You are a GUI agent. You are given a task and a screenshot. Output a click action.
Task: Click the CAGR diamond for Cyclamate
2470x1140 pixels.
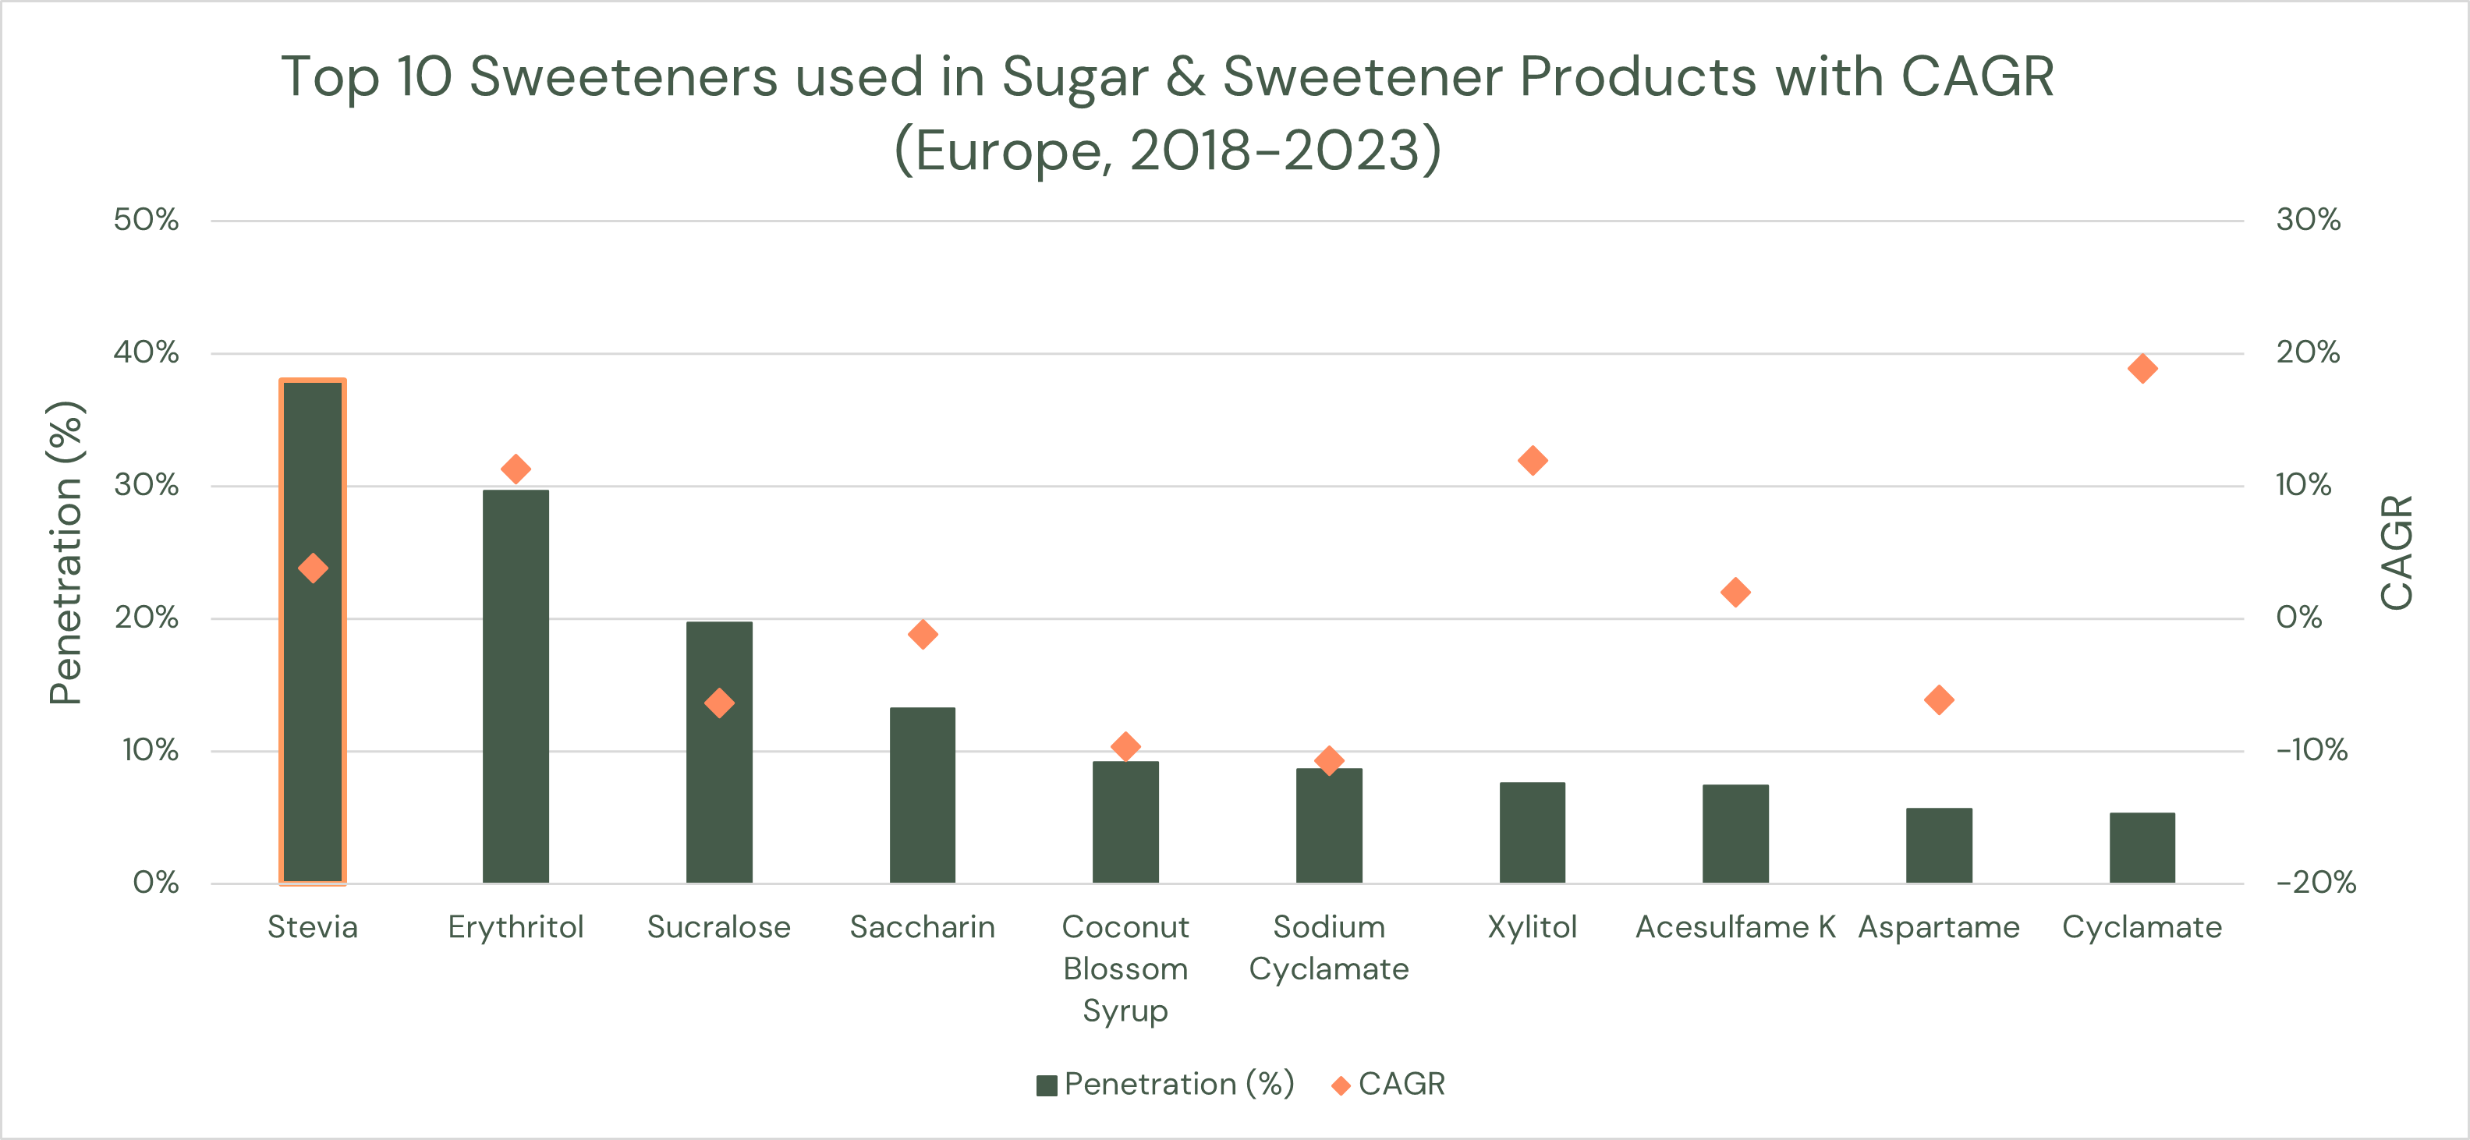(2142, 368)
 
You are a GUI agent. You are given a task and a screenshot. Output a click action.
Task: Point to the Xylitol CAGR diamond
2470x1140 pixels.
(1533, 460)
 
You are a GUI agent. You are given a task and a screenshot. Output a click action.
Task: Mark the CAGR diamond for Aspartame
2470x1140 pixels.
(1939, 700)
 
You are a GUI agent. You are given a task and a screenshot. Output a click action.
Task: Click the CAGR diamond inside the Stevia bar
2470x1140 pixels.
(313, 568)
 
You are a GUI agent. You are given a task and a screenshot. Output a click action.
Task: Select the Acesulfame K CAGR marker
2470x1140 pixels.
(1735, 593)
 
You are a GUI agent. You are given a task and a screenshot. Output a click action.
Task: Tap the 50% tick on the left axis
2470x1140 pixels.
(146, 220)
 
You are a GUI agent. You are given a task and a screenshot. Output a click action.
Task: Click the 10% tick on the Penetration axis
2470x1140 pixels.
(150, 750)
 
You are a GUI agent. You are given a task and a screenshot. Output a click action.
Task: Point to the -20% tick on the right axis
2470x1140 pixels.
(2315, 882)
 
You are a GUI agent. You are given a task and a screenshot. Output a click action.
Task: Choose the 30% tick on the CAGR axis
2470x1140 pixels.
(2307, 220)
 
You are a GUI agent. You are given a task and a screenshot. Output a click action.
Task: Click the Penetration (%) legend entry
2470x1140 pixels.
(1165, 1085)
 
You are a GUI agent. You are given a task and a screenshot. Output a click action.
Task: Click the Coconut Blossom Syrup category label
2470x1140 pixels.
(1125, 968)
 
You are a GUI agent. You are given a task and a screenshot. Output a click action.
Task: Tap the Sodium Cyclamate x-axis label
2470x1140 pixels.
(1329, 947)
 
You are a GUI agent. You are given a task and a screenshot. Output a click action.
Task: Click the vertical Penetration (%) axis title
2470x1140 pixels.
(66, 552)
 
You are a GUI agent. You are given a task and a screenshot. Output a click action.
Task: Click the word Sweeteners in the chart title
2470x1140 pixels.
(623, 76)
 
